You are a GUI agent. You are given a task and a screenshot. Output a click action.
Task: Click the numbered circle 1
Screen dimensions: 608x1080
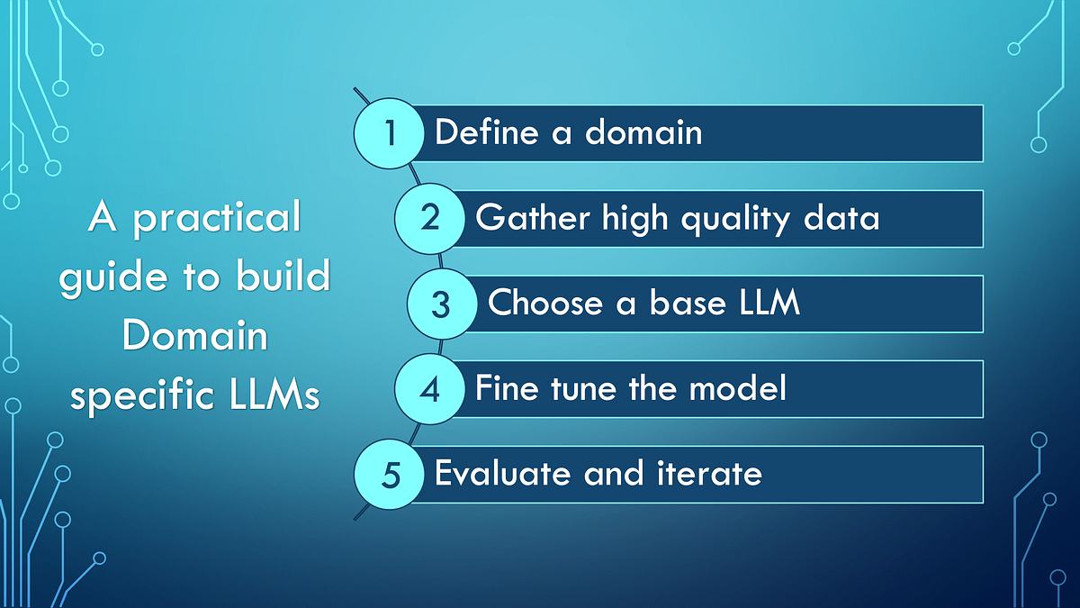click(x=390, y=133)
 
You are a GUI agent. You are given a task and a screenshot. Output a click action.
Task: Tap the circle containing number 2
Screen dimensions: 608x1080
click(x=430, y=218)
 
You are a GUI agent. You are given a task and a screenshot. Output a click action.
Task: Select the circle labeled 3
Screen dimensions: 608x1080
click(x=441, y=304)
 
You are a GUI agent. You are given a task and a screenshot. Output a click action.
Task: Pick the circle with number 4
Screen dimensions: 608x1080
click(x=430, y=389)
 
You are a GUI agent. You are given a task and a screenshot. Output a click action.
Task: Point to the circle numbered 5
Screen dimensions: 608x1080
click(x=390, y=474)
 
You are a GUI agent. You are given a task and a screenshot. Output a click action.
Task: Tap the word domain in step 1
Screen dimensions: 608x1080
click(x=643, y=133)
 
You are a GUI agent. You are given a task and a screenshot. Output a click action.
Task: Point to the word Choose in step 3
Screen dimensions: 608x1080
click(x=545, y=304)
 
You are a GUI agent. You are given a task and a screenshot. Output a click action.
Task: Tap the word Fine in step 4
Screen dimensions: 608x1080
click(x=506, y=389)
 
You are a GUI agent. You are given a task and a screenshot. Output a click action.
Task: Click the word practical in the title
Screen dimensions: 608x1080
click(x=217, y=219)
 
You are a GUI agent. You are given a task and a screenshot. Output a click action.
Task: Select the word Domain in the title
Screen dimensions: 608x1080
click(x=194, y=337)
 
